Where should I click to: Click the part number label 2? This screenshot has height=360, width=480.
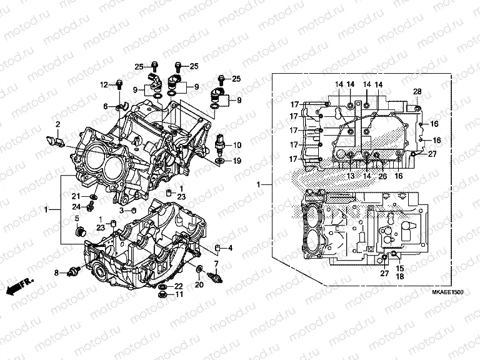[57, 124]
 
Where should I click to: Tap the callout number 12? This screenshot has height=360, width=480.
[104, 84]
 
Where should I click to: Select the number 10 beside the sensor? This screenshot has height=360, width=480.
[237, 145]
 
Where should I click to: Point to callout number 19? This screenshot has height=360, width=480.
[237, 161]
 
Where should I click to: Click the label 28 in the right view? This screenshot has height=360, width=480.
[417, 92]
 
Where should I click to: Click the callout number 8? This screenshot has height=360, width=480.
[56, 272]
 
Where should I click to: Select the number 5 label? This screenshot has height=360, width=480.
[77, 218]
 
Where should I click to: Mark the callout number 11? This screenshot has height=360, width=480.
[179, 295]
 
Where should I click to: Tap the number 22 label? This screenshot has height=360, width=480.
[179, 286]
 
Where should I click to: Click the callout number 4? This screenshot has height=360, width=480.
[230, 248]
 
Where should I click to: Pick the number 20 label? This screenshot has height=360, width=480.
[199, 285]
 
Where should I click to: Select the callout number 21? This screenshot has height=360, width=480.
[74, 196]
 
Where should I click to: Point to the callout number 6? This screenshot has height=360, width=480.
[106, 106]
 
